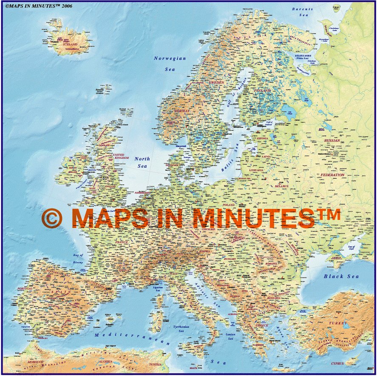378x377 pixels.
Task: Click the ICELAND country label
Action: click(70, 44)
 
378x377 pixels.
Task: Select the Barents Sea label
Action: click(303, 12)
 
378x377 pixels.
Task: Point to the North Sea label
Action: click(142, 162)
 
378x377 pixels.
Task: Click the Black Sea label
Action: click(341, 276)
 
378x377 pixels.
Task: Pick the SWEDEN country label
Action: click(217, 82)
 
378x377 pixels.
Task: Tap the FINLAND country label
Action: click(262, 91)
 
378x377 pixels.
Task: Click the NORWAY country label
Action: click(182, 111)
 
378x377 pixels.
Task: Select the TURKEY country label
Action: click(339, 323)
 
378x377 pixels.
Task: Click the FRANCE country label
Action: click(121, 242)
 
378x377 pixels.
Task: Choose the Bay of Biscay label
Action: click(78, 259)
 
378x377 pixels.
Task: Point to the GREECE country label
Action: click(262, 325)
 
